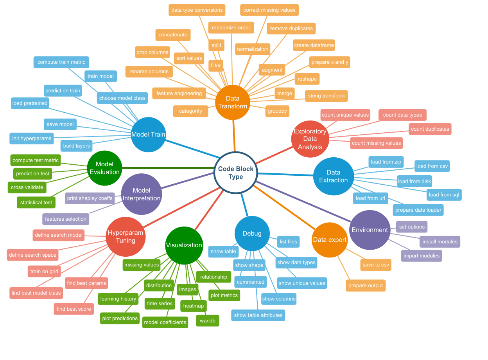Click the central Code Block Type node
236,173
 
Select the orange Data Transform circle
233,103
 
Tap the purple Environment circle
370,230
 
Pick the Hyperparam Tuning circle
126,237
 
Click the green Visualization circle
184,245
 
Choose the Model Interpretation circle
142,194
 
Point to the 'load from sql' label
444,195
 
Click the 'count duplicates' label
430,129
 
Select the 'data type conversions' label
197,10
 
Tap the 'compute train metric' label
61,62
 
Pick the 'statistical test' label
36,202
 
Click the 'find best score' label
74,309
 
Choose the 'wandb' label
208,320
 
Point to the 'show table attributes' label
258,315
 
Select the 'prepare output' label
366,285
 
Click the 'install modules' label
440,242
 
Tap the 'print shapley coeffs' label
90,198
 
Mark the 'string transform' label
326,96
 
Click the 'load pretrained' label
30,103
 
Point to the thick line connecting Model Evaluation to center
168,168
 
